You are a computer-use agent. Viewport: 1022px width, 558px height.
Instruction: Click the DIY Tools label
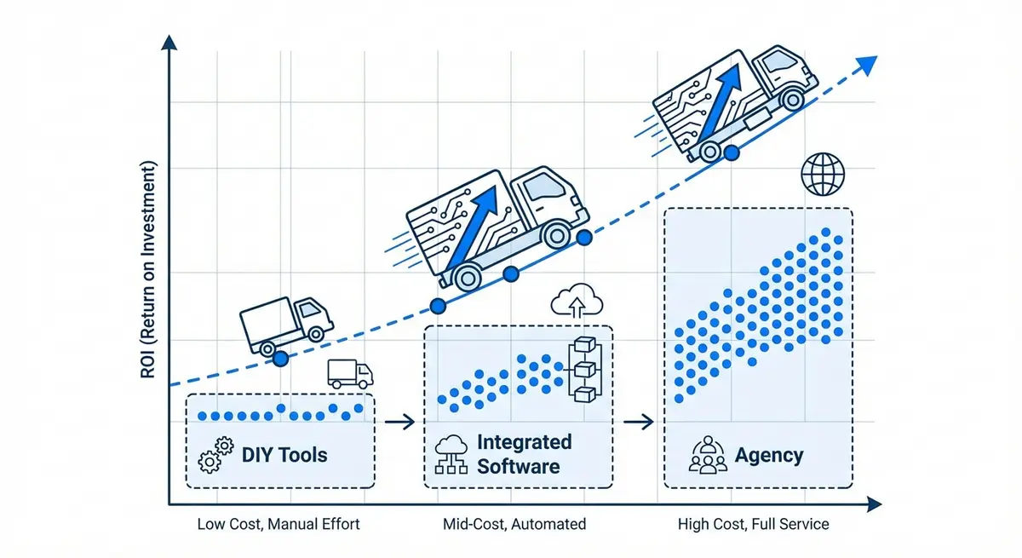point(284,454)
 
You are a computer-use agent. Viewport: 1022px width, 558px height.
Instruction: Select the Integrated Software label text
point(523,454)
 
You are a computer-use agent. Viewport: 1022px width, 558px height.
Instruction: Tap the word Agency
point(769,455)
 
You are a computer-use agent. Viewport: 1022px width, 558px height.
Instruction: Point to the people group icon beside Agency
point(708,456)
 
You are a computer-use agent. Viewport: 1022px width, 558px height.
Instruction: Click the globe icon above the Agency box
point(823,175)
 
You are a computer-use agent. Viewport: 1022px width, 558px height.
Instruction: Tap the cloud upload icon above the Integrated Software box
point(577,302)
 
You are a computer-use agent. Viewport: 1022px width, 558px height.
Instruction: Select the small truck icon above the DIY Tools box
point(350,374)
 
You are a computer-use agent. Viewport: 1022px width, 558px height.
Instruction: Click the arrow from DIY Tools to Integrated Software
point(399,421)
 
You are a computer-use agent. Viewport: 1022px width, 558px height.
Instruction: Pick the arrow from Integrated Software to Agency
point(638,421)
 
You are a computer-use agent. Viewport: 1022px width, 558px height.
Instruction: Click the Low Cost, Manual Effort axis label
point(278,524)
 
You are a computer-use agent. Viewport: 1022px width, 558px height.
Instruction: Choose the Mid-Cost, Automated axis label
point(514,524)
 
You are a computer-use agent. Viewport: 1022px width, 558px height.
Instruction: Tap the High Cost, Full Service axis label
point(753,524)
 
